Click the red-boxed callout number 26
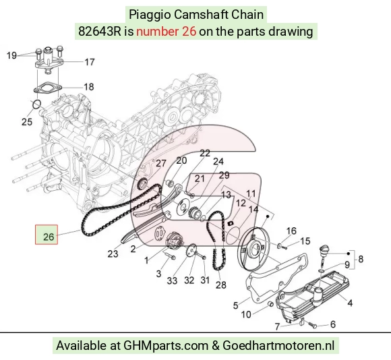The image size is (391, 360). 49,237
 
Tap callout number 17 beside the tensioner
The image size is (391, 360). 90,62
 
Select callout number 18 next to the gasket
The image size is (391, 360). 89,87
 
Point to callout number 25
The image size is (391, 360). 27,122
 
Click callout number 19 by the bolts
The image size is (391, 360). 11,55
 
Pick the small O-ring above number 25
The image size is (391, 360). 36,104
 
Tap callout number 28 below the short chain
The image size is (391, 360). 221,284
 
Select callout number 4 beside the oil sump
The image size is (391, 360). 350,303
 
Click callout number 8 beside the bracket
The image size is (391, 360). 361,259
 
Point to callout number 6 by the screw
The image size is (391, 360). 333,324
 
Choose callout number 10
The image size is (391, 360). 246,314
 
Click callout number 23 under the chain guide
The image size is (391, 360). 113,253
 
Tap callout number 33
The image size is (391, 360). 172,280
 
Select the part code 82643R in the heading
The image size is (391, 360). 99,32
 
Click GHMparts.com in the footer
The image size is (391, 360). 166,346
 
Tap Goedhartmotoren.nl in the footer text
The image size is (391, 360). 278,346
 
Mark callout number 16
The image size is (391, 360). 291,231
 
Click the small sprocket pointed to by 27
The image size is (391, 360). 142,184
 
